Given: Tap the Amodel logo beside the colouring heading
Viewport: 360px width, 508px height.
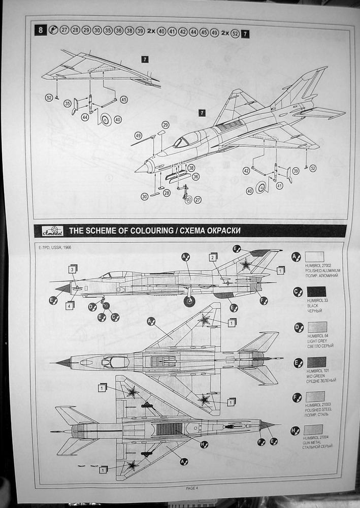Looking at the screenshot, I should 52,230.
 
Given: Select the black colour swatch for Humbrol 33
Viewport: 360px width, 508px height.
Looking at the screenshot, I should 316,292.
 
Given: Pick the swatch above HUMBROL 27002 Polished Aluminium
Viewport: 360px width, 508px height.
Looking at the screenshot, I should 315,257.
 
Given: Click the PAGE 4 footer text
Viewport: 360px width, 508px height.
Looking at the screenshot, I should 191,488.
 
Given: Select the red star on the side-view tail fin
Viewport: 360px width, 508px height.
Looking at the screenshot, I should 246,264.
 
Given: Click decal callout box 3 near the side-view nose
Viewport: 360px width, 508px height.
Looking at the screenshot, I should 73,269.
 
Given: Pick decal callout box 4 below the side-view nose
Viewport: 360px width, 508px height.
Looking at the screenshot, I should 70,305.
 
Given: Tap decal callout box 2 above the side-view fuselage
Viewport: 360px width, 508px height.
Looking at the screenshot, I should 213,257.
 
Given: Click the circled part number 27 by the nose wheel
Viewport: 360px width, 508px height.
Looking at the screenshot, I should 198,200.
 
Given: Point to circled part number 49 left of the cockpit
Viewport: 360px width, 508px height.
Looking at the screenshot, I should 138,135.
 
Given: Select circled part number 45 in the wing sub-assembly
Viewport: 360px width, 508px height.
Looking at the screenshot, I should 123,100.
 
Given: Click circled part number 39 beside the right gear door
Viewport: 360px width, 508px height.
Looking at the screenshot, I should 296,171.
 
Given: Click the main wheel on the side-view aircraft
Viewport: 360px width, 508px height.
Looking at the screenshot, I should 189,302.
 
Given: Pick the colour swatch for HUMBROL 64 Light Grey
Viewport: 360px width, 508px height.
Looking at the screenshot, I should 316,327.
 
